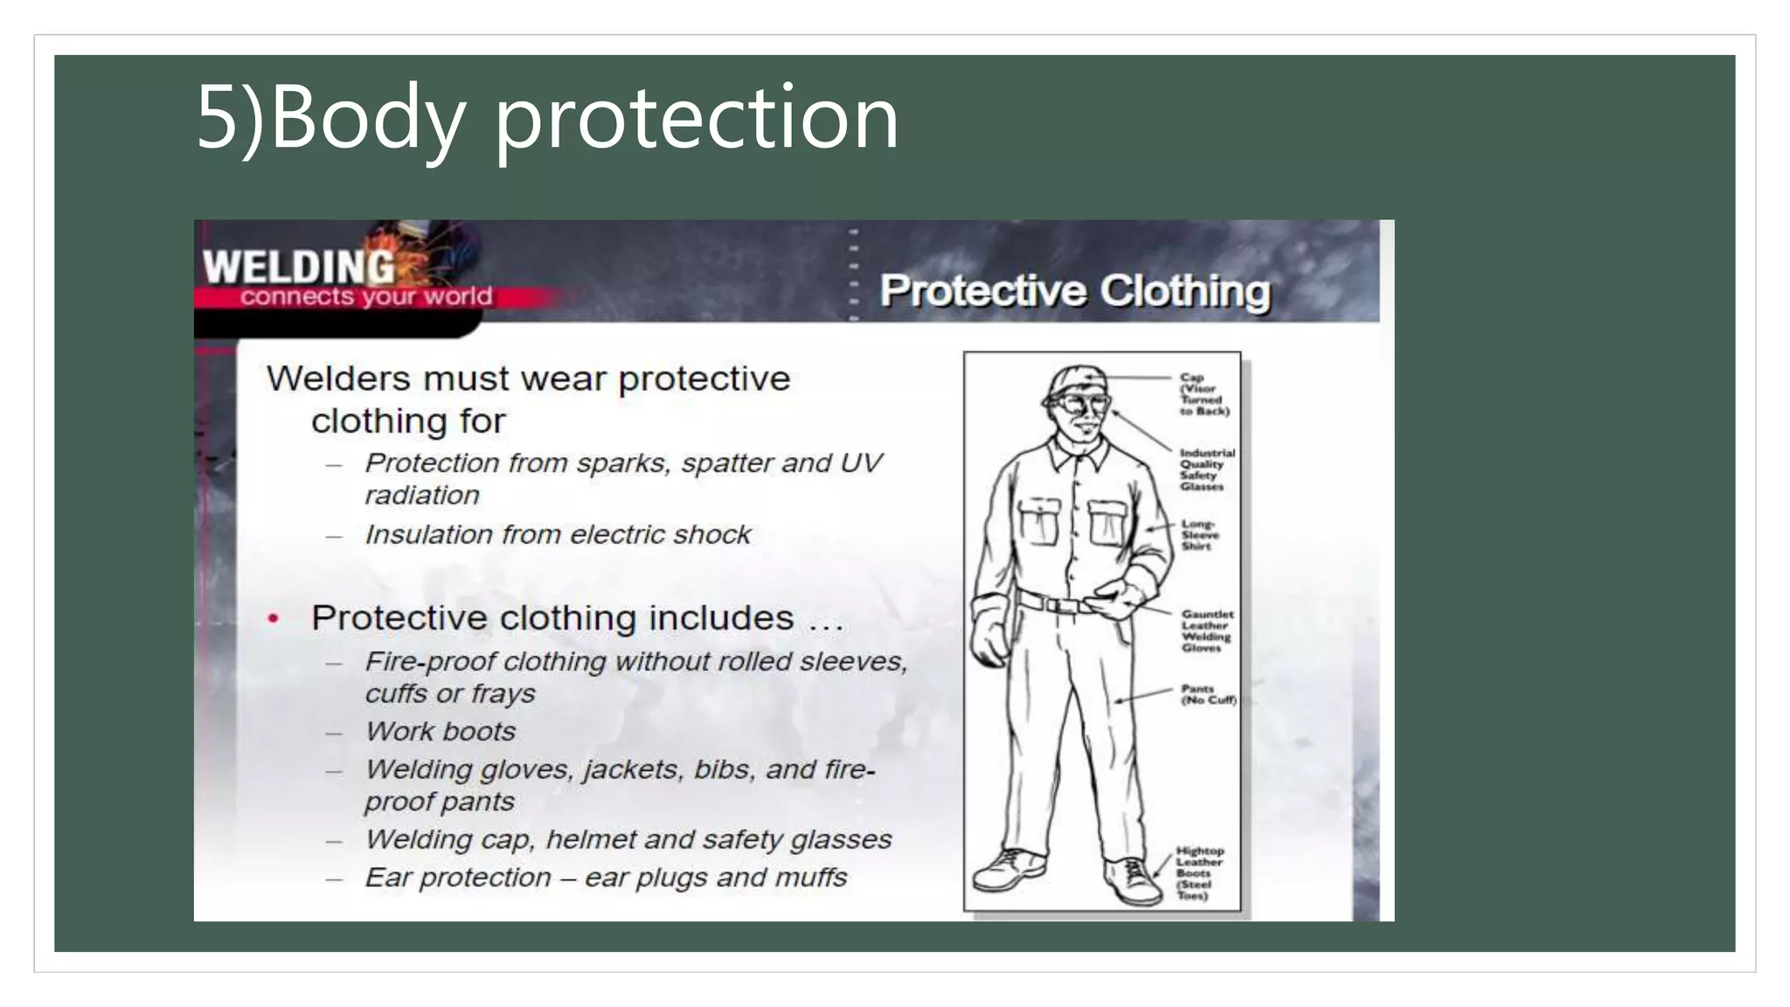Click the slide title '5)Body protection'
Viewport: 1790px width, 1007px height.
(547, 117)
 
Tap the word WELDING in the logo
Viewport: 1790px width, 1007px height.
(299, 267)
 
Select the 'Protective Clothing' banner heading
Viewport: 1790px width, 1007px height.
(1074, 291)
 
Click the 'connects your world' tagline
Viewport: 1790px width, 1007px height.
(366, 297)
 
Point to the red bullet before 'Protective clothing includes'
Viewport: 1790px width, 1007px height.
(274, 619)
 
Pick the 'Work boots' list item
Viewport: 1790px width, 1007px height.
(441, 731)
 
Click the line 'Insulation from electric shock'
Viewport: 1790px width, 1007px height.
(558, 534)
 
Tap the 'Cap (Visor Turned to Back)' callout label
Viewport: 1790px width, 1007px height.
(1204, 394)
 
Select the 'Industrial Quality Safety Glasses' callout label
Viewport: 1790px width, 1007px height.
(1206, 469)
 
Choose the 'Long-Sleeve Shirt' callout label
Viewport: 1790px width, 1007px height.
(1199, 535)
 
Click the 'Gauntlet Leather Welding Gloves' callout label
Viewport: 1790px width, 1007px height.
(1207, 631)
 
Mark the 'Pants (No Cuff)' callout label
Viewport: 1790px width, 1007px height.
(1208, 694)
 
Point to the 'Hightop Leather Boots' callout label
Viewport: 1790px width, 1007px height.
(1198, 872)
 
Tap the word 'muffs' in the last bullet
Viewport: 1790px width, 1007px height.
(814, 877)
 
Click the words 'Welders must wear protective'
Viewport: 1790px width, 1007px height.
(528, 378)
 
